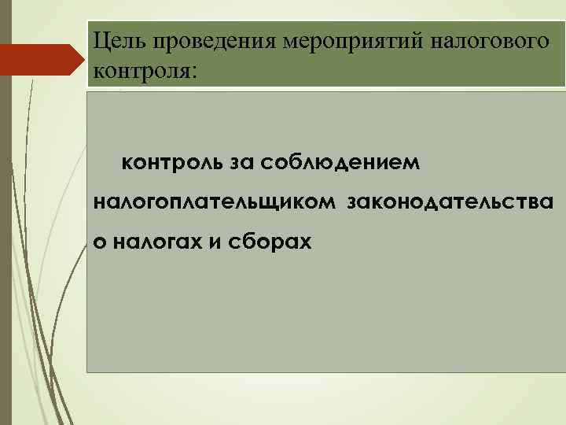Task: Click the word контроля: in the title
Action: (x=146, y=71)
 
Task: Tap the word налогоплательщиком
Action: (x=214, y=204)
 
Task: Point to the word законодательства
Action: (x=450, y=204)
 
